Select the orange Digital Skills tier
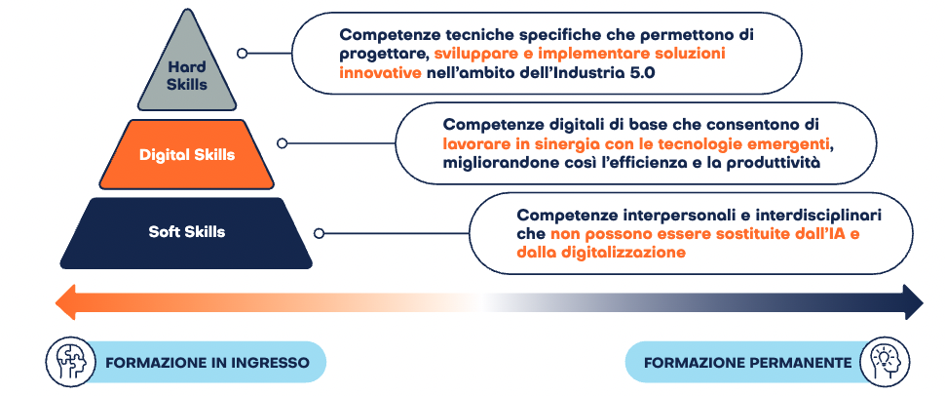[186, 154]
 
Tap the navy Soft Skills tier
[186, 232]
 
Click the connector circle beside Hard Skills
[243, 53]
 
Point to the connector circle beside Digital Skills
[283, 143]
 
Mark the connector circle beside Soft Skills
[320, 233]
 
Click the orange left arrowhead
[65, 301]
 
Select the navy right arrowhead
[913, 301]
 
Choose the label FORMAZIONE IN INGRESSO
[208, 364]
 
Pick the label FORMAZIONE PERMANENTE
[748, 364]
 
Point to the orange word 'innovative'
[380, 73]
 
